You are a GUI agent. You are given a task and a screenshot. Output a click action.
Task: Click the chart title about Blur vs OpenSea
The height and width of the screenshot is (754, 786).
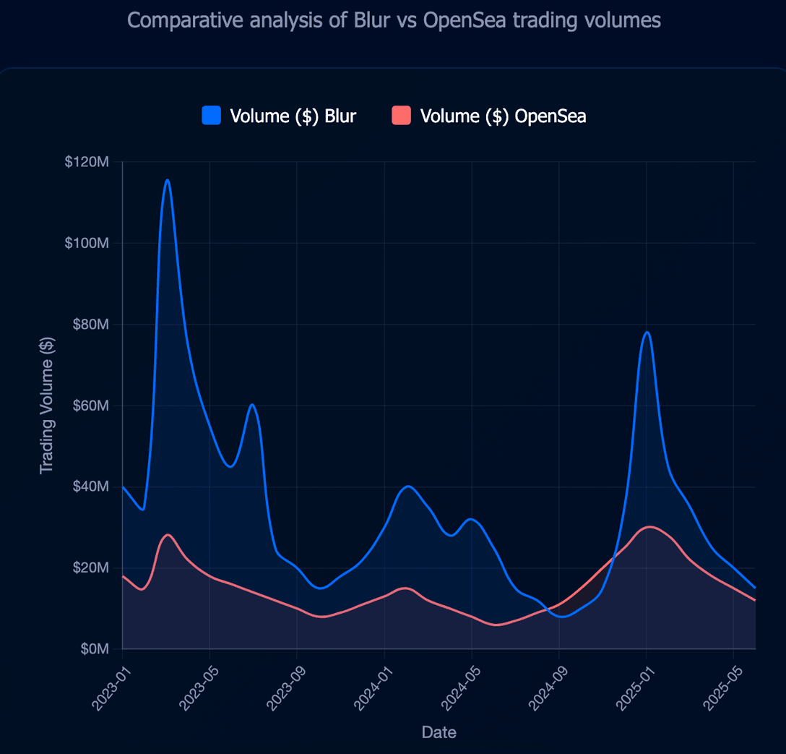[x=394, y=20]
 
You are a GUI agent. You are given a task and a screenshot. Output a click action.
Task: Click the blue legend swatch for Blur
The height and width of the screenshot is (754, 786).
[x=211, y=116]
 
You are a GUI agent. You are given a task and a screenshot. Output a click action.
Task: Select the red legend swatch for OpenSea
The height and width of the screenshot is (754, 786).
[x=401, y=116]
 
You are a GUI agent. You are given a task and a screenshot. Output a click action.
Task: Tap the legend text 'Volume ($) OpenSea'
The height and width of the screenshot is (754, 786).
[x=503, y=116]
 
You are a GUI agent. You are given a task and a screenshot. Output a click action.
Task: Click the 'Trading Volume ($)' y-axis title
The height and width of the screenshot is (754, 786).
[x=47, y=405]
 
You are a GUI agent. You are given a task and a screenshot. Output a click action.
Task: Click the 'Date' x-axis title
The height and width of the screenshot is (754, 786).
[x=439, y=732]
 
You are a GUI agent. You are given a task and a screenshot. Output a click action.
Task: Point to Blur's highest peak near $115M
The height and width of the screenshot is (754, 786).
[x=168, y=180]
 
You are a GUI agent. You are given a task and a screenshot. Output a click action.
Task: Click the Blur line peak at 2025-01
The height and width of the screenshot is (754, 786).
[x=647, y=333]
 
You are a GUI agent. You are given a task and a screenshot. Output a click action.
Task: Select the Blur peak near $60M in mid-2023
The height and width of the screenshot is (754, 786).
[x=252, y=405]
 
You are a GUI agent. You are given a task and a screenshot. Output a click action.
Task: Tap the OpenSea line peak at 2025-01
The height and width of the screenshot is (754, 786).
[x=650, y=527]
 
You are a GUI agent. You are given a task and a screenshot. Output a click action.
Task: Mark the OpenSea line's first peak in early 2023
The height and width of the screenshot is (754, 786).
[x=168, y=535]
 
